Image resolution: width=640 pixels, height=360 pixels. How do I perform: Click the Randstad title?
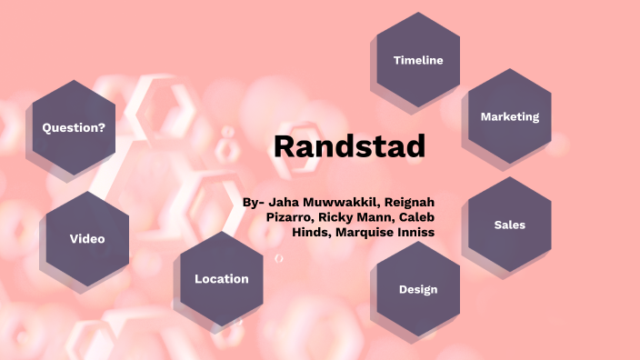(x=349, y=145)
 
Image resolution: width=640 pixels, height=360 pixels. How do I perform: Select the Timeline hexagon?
(x=418, y=60)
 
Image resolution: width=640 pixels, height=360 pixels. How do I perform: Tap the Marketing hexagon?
(x=509, y=116)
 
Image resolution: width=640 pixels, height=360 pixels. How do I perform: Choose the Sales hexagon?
(x=509, y=225)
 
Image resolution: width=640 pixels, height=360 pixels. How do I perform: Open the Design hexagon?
(x=418, y=289)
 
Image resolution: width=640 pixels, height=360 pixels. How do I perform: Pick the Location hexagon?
(x=221, y=279)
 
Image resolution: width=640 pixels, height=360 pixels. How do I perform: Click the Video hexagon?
(x=87, y=239)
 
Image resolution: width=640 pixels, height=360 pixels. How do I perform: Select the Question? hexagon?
(x=74, y=128)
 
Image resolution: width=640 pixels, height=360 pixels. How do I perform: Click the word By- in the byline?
(x=254, y=202)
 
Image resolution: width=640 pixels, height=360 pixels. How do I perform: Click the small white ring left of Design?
(x=279, y=259)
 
